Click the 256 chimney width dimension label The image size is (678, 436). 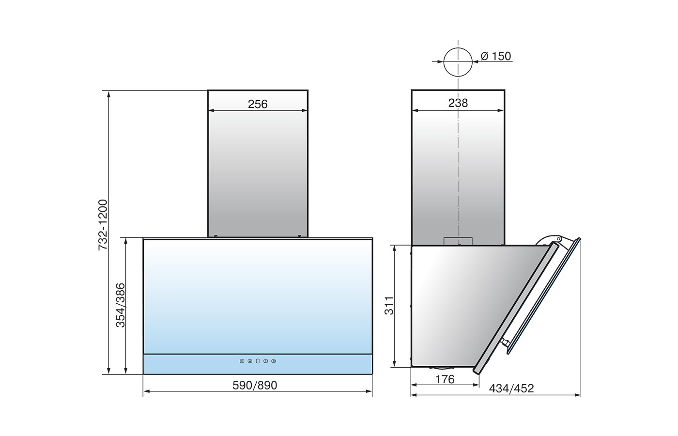(258, 104)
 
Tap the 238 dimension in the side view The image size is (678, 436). (458, 103)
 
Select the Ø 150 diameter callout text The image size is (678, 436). (496, 56)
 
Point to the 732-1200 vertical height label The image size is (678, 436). (103, 224)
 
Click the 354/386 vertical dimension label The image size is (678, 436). (121, 305)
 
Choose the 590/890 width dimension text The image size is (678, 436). (255, 385)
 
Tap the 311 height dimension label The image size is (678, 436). (389, 306)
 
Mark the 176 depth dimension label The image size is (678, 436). (445, 379)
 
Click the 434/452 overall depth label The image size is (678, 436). (511, 389)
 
